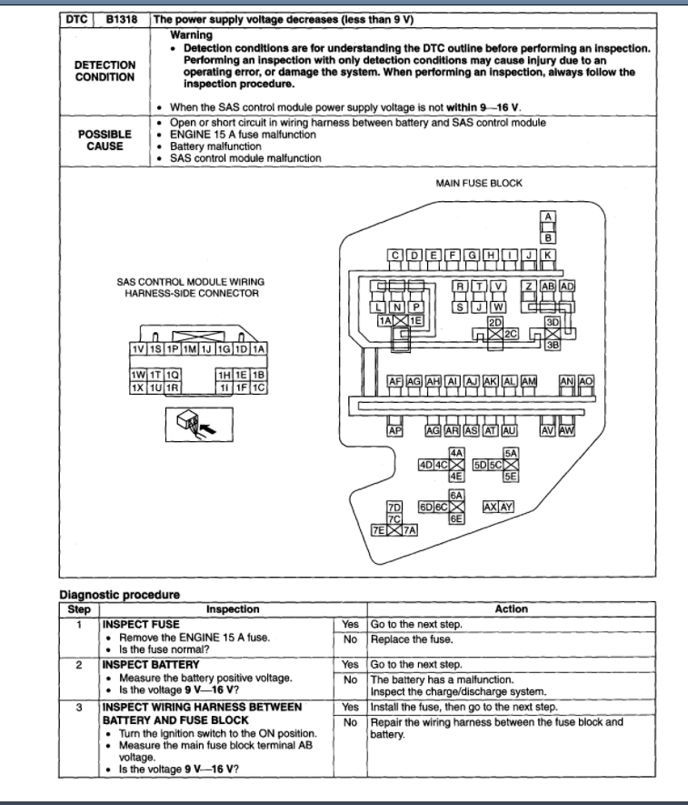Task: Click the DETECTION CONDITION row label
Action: [105, 71]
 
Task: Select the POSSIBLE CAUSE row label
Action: [105, 139]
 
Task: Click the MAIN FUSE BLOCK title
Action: [479, 183]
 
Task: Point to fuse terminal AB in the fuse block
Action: [549, 286]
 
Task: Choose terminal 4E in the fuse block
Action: [457, 476]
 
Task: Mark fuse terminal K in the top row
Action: [548, 256]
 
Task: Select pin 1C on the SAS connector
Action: [258, 387]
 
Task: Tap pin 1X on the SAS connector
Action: [138, 387]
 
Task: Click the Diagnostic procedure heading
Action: [119, 595]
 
